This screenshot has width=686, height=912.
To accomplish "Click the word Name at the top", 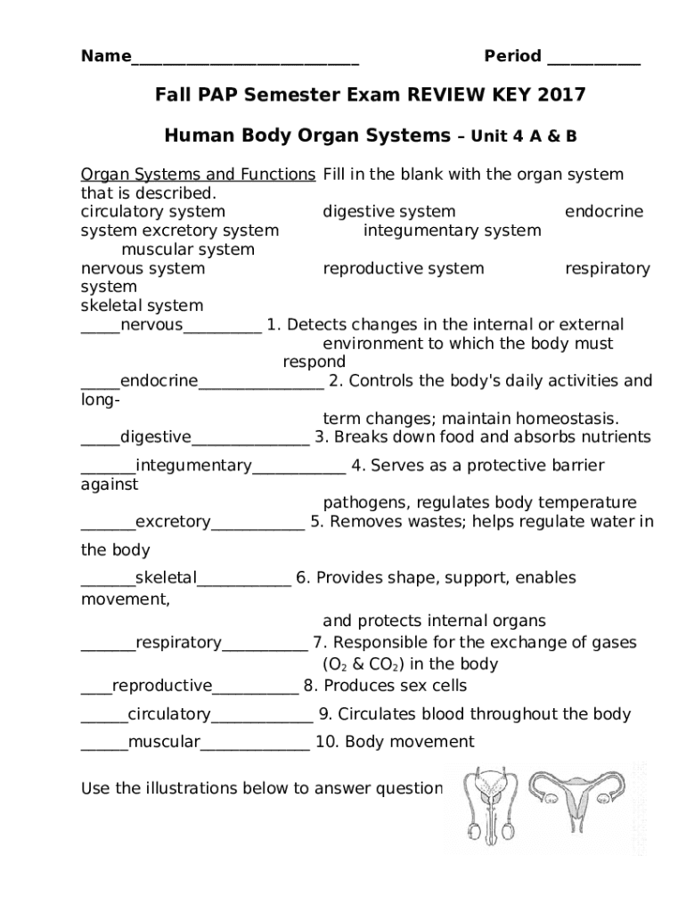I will click(105, 57).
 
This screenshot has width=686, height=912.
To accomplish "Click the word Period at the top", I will click(512, 57).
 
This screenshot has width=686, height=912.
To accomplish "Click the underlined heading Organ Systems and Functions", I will click(198, 175).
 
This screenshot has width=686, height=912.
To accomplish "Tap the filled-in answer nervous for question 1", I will click(151, 325).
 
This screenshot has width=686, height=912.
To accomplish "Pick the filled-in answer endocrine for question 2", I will click(159, 381).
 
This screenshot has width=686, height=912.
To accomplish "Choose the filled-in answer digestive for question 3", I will click(155, 437).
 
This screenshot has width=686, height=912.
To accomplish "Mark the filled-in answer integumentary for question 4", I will click(193, 466).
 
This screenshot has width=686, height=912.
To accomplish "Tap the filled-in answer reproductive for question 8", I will click(162, 686).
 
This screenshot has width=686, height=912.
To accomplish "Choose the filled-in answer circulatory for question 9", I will click(169, 714).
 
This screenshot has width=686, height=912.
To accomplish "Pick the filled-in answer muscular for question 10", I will click(164, 743).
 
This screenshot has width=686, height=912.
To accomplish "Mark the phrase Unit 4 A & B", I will click(524, 137).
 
